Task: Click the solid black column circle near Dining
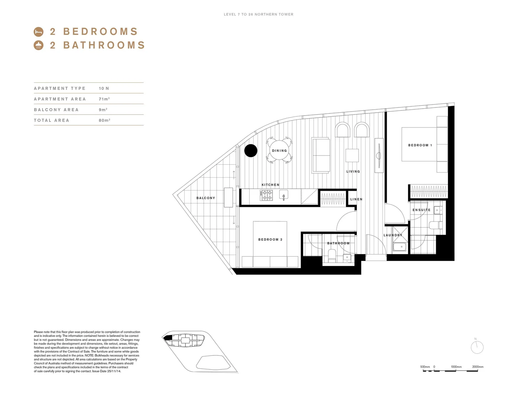[x=251, y=150]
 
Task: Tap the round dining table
[x=280, y=150]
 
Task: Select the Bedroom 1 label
[x=420, y=145]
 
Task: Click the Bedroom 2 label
[x=270, y=239]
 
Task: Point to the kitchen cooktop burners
[x=266, y=195]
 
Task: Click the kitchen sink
[x=284, y=195]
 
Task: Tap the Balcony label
[x=206, y=198]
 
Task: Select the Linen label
[x=356, y=199]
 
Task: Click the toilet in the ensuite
[x=435, y=225]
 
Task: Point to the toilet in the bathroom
[x=332, y=255]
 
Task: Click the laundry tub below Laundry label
[x=400, y=246]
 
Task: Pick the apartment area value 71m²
[x=104, y=99]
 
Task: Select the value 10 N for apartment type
[x=104, y=88]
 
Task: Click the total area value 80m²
[x=105, y=120]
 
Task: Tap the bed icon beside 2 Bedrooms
[x=39, y=32]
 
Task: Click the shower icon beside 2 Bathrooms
[x=39, y=45]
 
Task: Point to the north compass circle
[x=477, y=347]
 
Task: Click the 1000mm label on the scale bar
[x=456, y=367]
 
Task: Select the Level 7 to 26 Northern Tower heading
[x=258, y=14]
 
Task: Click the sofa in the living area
[x=321, y=155]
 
